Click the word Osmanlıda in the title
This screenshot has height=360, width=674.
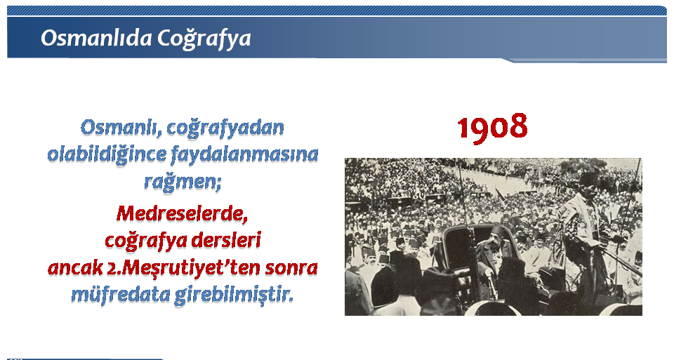96,38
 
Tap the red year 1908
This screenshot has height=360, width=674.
492,127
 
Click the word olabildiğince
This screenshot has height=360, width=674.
107,154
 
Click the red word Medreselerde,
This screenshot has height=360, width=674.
183,213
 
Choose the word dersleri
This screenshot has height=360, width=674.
225,240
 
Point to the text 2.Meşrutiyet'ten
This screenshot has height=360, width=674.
183,267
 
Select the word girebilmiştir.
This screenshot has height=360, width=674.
234,295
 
